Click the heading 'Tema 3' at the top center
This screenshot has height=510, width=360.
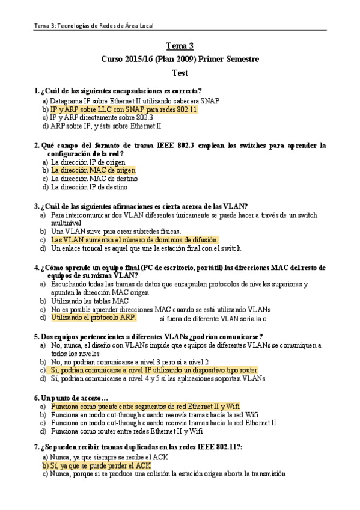pyautogui.click(x=180, y=46)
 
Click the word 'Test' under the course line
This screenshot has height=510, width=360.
pyautogui.click(x=180, y=73)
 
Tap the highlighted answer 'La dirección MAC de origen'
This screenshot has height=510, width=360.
pyautogui.click(x=93, y=170)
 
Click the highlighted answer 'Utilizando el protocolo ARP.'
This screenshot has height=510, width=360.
pyautogui.click(x=94, y=317)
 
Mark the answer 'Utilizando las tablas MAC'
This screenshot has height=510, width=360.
pyautogui.click(x=90, y=301)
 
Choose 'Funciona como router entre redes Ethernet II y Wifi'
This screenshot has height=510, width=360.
pyautogui.click(x=127, y=431)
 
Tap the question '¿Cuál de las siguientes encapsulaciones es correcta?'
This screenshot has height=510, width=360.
pyautogui.click(x=121, y=91)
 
